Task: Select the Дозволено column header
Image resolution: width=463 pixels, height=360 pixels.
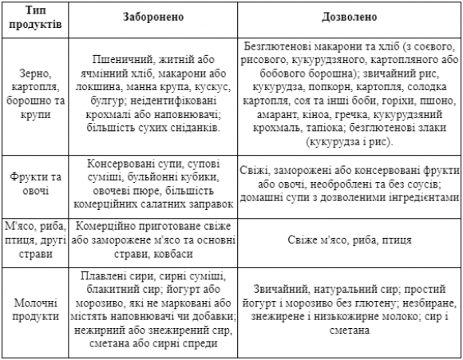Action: (350, 17)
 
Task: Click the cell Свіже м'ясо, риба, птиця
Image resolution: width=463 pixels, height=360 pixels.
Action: (350, 239)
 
